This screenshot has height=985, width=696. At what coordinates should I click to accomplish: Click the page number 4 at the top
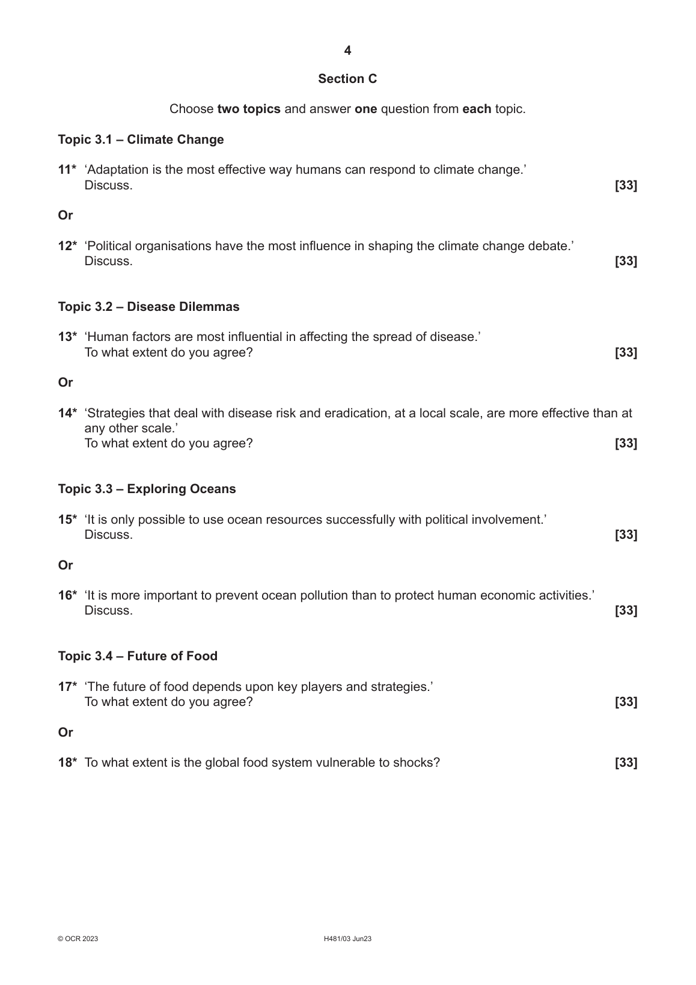pos(347,51)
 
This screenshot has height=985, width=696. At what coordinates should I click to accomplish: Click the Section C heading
pos(347,79)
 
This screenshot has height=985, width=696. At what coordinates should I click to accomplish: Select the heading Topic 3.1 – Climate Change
pos(141,140)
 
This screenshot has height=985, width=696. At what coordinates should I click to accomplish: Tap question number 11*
pos(67,170)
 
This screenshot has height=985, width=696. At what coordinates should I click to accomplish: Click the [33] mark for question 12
pos(626,261)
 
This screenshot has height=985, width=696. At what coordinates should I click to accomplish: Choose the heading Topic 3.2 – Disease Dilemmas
pos(148,307)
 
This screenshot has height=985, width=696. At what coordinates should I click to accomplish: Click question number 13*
pos(67,337)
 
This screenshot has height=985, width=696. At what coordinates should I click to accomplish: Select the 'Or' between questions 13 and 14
pos(65,382)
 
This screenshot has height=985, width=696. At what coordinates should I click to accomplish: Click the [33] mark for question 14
pos(626,443)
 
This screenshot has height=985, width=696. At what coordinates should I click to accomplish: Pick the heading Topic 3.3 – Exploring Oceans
pos(147,489)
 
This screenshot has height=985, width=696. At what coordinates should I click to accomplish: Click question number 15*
pos(67,520)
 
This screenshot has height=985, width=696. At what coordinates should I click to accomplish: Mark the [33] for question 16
pos(626,610)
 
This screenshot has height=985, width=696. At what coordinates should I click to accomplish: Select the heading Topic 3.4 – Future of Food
pos(138,656)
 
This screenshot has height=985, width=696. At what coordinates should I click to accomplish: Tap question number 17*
pos(67,687)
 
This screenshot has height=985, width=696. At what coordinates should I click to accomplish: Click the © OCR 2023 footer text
pos(78,939)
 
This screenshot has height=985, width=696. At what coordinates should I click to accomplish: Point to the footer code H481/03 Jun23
pos(347,939)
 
